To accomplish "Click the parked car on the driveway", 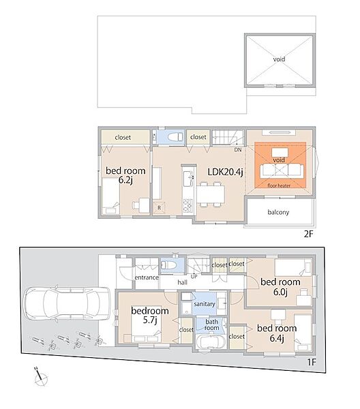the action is coord(67,303).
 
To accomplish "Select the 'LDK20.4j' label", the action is coord(226,172).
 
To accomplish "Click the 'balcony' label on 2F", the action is coord(278,212).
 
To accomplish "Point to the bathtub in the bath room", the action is coord(211,342).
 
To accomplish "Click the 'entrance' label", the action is coord(147,277).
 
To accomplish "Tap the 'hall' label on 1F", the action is coord(182,282).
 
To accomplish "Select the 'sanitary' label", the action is coord(205,304).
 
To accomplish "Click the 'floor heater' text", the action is coord(279,185).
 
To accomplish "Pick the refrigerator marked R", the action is coord(159,208).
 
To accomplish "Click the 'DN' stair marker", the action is coord(238,150).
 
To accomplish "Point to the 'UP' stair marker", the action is coord(194,277).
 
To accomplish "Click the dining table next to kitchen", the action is coord(211,194).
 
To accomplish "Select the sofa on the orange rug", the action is coord(282,170).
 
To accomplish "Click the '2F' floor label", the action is coord(308,234).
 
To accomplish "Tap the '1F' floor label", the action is coord(311,362).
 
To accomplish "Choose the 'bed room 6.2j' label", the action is coord(125,175).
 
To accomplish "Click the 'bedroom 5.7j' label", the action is coord(150,315).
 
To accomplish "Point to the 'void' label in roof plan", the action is coord(279,59).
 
